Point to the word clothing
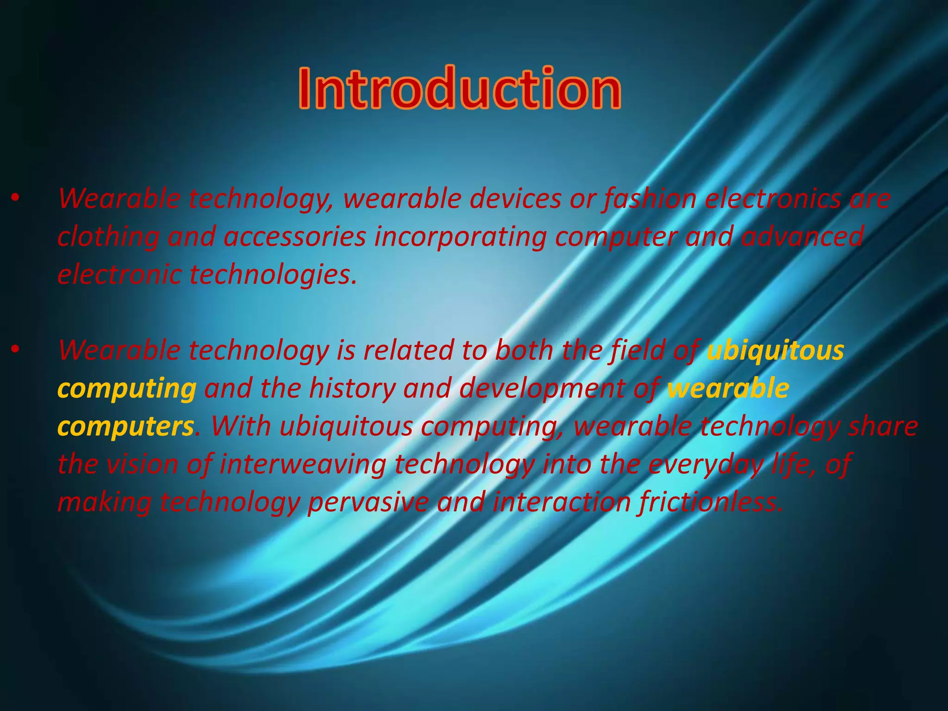108,237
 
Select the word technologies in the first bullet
273,274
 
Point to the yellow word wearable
728,388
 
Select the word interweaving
303,465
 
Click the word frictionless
710,502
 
